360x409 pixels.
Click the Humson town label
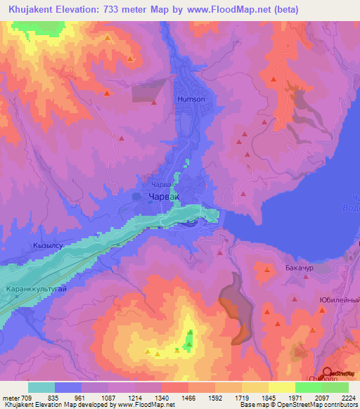(x=191, y=100)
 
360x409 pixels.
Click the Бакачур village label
(x=299, y=268)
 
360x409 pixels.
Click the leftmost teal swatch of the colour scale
(x=41, y=387)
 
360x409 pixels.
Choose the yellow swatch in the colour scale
(x=281, y=387)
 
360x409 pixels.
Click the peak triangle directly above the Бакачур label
(x=267, y=268)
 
